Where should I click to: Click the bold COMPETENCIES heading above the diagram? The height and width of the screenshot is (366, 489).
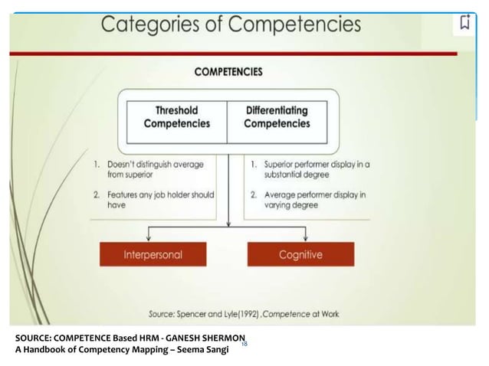click(228, 72)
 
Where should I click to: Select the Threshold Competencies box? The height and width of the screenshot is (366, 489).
click(177, 117)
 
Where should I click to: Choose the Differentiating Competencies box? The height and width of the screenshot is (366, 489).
click(277, 117)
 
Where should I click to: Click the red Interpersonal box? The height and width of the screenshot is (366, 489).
click(153, 254)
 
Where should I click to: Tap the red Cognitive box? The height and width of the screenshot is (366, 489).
click(300, 254)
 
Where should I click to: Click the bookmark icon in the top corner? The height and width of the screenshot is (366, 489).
click(464, 22)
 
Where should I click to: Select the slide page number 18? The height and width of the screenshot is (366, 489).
click(244, 345)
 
